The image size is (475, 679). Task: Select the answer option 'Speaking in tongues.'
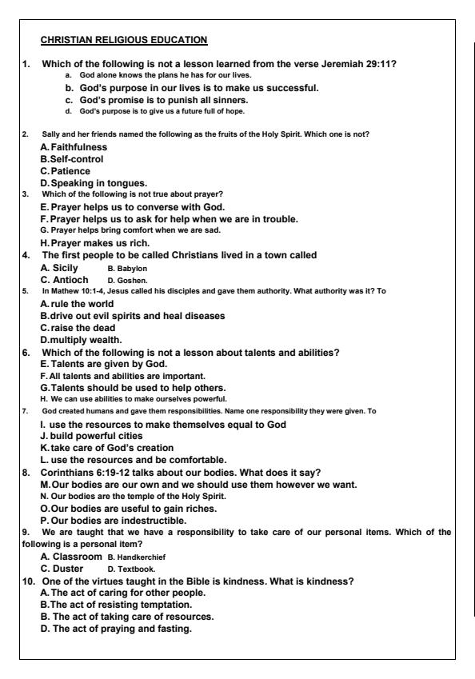(x=87, y=183)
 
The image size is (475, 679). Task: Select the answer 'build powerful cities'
(x=95, y=435)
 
